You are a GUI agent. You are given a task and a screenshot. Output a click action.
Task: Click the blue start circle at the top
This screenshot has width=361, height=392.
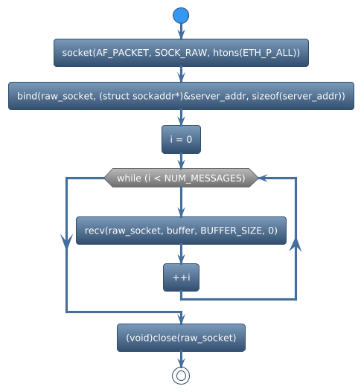[x=181, y=16]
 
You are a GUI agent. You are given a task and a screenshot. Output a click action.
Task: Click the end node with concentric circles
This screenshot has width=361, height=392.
[x=181, y=376]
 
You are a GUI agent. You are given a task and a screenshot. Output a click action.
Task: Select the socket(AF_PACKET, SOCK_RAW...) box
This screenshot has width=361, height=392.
[x=181, y=53]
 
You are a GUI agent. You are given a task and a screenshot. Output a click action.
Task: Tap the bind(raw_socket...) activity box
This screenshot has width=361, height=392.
[x=181, y=97]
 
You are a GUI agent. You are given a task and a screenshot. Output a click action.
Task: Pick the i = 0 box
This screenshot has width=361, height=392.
[x=181, y=140]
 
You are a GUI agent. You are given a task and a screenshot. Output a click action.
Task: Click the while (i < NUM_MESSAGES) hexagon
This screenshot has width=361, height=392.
[x=181, y=178]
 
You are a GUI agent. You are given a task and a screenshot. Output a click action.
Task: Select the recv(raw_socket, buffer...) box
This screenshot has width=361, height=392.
[x=181, y=231]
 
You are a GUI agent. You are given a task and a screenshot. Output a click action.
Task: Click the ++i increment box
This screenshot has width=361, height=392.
[x=181, y=277]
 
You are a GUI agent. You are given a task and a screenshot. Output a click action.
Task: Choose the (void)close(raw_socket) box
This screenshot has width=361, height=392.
[x=181, y=338]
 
